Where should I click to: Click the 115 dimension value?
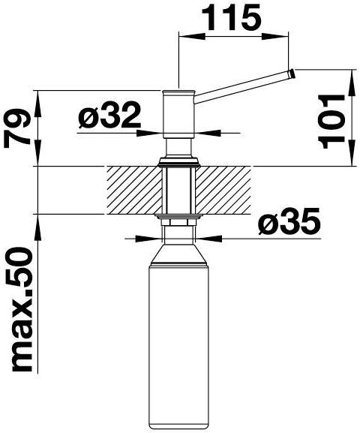[232, 17]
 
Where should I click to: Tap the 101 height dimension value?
[331, 122]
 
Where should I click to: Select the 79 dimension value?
[16, 128]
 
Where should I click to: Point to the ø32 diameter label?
[109, 115]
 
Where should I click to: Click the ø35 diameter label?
[289, 221]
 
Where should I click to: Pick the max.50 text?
[22, 310]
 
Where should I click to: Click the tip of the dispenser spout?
[292, 74]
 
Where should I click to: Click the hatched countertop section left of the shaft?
[134, 190]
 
